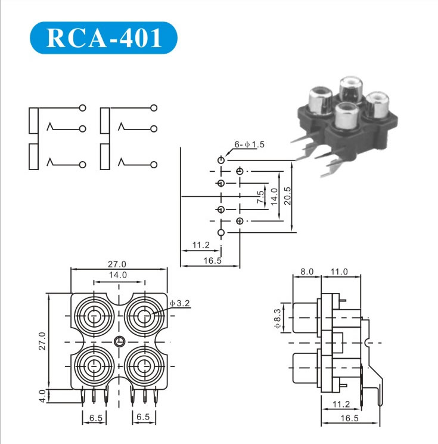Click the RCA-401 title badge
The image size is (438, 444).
103,38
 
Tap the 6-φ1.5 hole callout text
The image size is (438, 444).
248,145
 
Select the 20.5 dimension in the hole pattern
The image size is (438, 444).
288,195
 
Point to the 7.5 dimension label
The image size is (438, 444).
260,198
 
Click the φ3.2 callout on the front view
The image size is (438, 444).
179,303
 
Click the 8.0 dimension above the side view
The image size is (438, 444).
307,272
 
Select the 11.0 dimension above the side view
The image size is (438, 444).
339,272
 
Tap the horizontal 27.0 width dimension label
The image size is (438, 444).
117,264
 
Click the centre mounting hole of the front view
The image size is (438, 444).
119,342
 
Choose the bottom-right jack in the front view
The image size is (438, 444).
144,366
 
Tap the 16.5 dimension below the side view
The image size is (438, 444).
349,419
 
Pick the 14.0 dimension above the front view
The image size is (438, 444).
117,275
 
